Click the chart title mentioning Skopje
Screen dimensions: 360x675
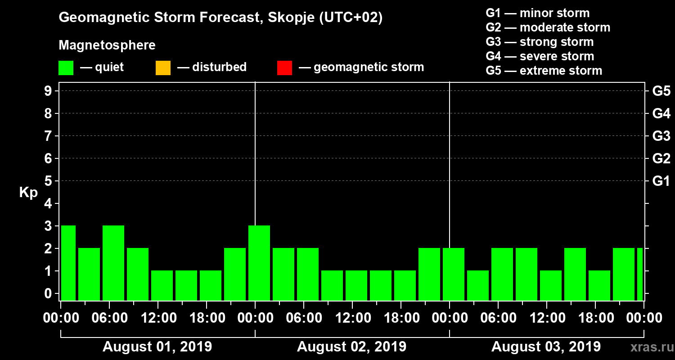pos(220,18)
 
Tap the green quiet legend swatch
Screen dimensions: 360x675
pos(66,68)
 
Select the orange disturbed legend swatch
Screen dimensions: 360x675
pos(163,68)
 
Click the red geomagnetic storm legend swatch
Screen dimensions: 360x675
pos(284,68)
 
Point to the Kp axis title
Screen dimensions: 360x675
pos(28,193)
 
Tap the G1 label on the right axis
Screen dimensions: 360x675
pos(661,181)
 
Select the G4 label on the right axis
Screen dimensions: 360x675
pos(661,113)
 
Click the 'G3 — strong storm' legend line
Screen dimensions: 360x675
pos(540,42)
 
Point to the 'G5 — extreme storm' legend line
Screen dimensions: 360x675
pos(544,71)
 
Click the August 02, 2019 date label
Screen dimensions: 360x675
pos(351,347)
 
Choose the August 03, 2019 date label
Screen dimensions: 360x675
pos(546,347)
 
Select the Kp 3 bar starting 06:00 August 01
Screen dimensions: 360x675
pos(113,263)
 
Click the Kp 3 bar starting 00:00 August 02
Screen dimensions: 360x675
pos(259,263)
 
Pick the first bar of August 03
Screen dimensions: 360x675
pos(454,274)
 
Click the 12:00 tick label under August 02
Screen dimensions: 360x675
pos(352,318)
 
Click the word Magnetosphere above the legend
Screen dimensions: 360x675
pos(107,45)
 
